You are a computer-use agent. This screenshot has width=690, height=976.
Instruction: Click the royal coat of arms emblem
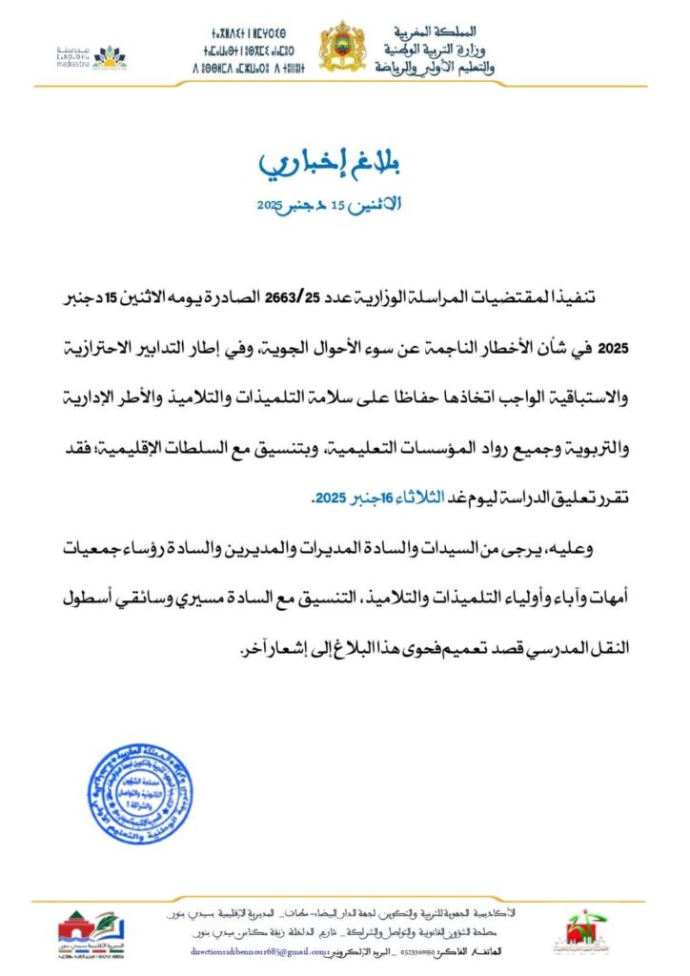[x=341, y=47]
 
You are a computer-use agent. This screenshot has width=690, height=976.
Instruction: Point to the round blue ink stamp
[x=140, y=794]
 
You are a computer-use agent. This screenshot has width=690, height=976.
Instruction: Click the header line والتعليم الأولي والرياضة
[x=435, y=67]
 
